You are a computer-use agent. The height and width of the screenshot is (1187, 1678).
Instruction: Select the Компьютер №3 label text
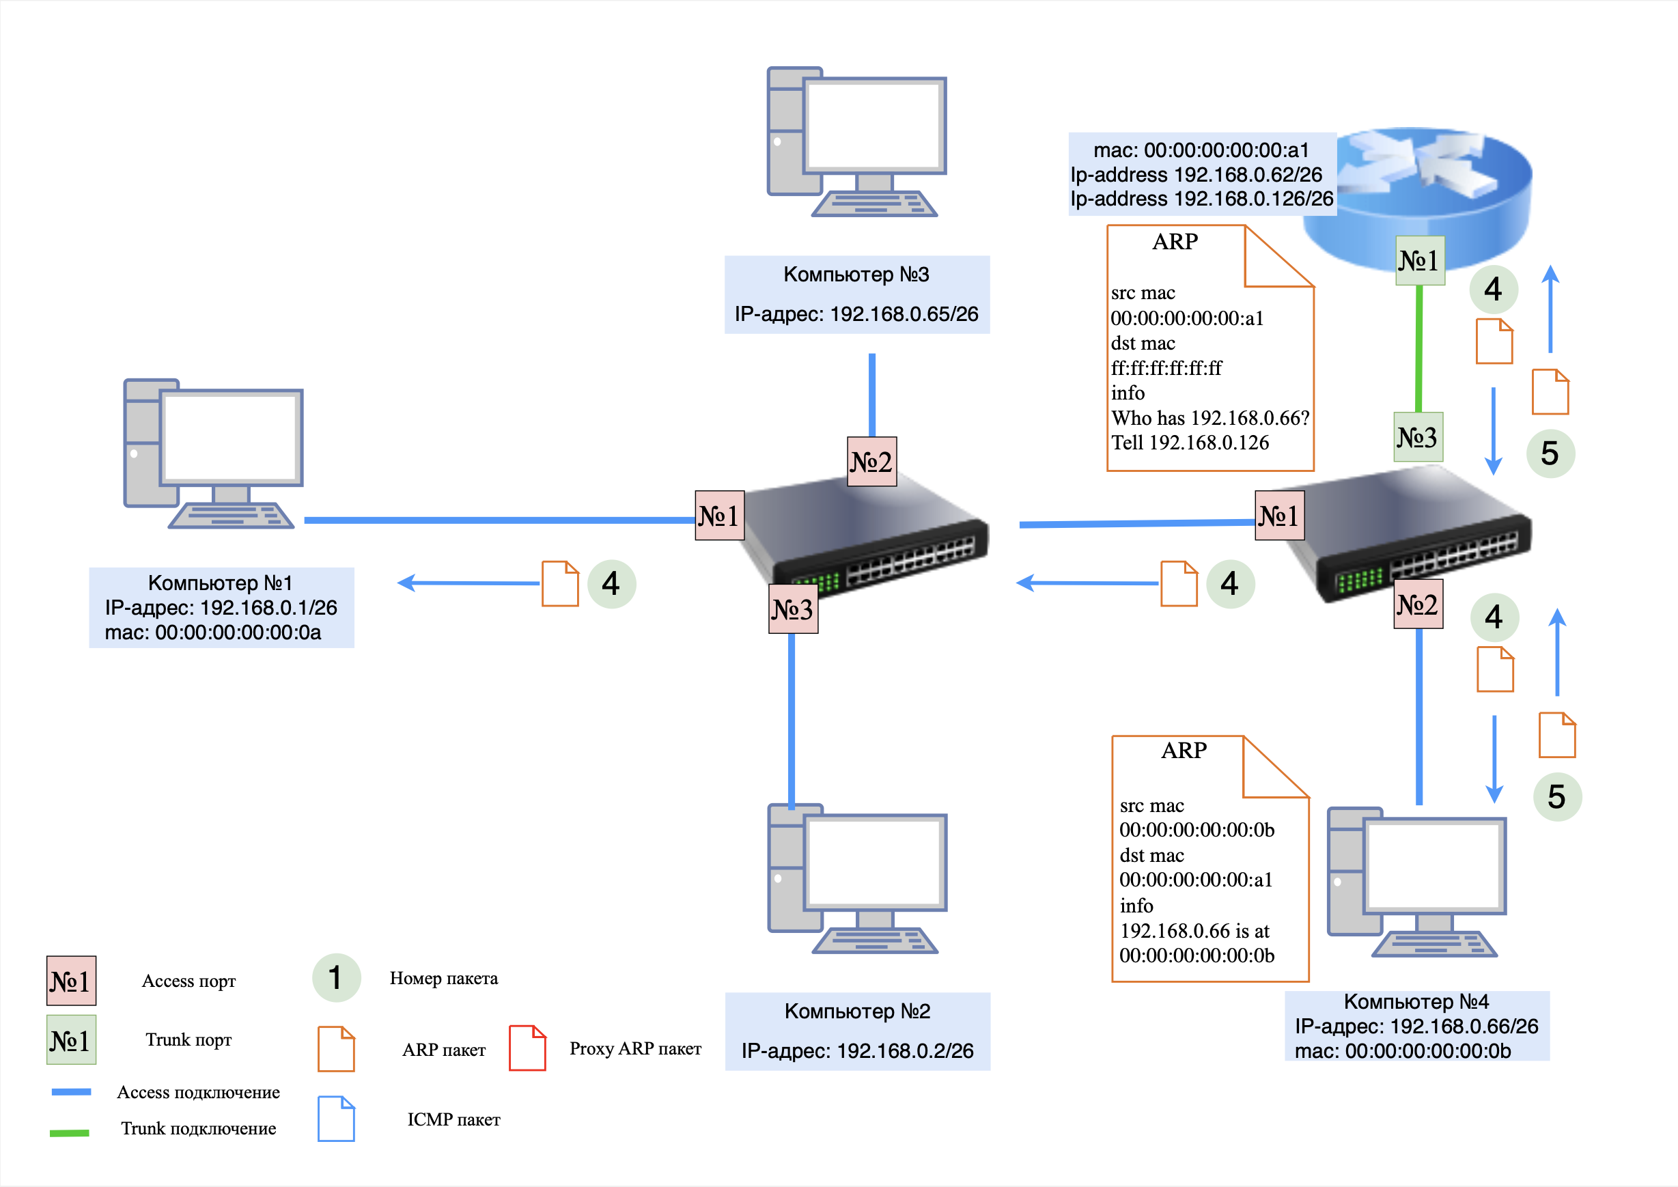(x=856, y=275)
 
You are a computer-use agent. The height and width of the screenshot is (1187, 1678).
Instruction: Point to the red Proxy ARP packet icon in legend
(x=527, y=1048)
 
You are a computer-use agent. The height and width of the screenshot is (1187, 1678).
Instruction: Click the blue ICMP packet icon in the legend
(x=336, y=1118)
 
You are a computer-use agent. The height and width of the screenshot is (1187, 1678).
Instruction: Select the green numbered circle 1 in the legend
(x=336, y=978)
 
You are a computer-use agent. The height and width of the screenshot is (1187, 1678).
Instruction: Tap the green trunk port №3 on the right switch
(x=1418, y=437)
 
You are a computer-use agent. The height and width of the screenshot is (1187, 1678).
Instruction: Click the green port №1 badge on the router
(x=1419, y=260)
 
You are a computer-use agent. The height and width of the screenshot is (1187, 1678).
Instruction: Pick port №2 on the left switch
(x=871, y=462)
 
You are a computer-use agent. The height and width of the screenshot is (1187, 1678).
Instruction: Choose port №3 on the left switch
(x=793, y=609)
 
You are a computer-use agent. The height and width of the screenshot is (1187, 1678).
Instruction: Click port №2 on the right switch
(x=1418, y=604)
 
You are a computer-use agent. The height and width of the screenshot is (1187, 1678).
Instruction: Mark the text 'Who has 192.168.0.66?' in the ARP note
(x=1210, y=418)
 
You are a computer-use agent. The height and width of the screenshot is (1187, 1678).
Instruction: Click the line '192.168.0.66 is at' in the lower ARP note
(x=1194, y=931)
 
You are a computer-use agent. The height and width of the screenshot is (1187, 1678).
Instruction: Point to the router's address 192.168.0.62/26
(x=1248, y=175)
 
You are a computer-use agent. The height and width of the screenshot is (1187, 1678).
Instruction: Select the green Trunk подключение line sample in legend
(x=70, y=1133)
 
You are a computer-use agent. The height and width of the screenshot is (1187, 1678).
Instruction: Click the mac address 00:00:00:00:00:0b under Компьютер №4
(x=1427, y=1051)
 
